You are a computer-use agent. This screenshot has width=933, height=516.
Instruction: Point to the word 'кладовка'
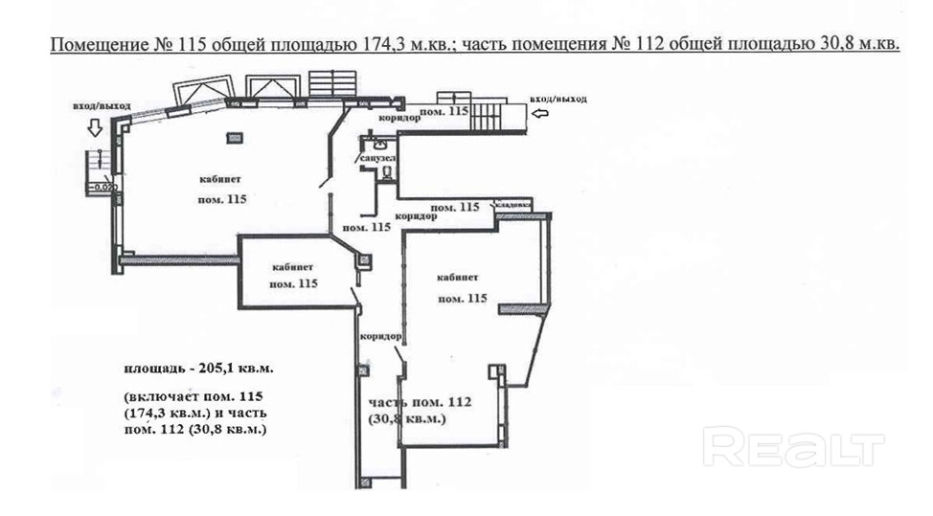(x=512, y=203)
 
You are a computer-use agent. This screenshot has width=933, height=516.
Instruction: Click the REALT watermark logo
(x=794, y=446)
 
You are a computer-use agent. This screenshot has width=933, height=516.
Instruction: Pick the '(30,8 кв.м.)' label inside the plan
(x=406, y=419)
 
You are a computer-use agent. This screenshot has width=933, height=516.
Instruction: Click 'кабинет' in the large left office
(x=220, y=180)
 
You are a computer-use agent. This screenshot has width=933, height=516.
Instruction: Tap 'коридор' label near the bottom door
(x=380, y=337)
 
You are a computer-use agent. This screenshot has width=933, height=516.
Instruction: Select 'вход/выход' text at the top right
(x=558, y=99)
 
